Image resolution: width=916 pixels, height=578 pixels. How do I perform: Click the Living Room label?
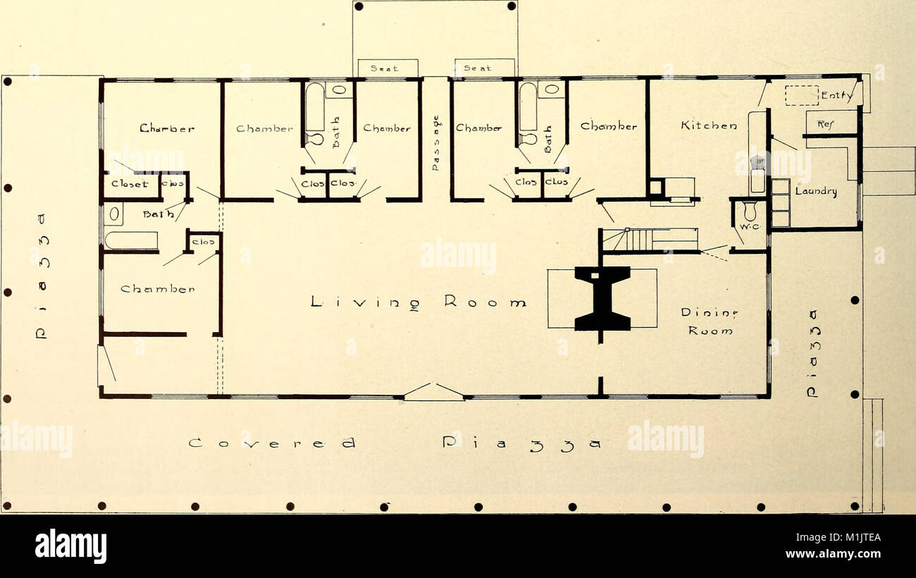(x=419, y=302)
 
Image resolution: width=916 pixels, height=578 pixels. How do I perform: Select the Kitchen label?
(x=709, y=126)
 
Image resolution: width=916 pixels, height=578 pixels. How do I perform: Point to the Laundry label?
(x=816, y=190)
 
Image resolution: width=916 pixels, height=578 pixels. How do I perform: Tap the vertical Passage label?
(x=435, y=142)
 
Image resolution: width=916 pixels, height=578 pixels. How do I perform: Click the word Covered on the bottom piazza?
(x=272, y=444)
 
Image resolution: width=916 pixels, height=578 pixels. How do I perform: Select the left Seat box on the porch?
(x=388, y=68)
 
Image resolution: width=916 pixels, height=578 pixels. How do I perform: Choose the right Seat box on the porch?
(x=485, y=68)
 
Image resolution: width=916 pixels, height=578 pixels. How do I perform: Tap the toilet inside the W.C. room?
(x=750, y=210)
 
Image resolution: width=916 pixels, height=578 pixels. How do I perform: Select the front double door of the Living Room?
(x=433, y=392)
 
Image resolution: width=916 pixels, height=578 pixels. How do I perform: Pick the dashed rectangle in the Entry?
(x=801, y=95)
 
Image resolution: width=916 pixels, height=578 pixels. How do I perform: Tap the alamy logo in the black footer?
(x=70, y=546)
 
